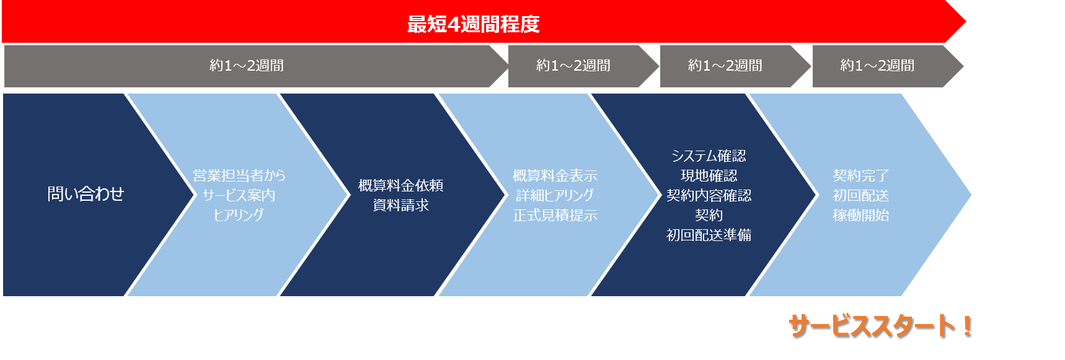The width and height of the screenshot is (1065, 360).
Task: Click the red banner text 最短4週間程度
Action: click(x=473, y=24)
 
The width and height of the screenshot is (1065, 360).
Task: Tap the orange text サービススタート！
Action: click(x=881, y=326)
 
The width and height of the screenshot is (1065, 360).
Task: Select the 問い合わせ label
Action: click(x=86, y=194)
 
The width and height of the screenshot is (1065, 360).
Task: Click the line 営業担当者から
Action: click(x=239, y=175)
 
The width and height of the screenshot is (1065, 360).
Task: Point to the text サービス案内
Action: click(x=239, y=195)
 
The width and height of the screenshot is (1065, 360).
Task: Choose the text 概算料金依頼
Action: click(x=400, y=185)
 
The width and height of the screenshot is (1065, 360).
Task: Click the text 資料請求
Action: click(x=400, y=205)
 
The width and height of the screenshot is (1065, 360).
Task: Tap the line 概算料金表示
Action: click(x=555, y=175)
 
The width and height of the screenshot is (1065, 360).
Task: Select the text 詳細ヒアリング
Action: click(x=555, y=195)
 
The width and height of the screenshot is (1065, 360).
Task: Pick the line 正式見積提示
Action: click(x=555, y=215)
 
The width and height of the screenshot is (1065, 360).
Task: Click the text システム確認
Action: click(x=709, y=156)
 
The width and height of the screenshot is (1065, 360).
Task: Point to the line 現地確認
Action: click(x=709, y=175)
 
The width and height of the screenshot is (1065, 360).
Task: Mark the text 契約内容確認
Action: click(x=709, y=195)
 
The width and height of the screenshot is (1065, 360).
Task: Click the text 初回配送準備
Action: click(x=709, y=235)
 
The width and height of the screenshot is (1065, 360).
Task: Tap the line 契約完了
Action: click(x=860, y=175)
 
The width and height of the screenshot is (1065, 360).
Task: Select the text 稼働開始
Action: click(x=860, y=215)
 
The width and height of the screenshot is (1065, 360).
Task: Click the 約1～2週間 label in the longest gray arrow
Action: click(x=247, y=65)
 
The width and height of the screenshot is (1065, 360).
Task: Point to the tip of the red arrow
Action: click(x=966, y=22)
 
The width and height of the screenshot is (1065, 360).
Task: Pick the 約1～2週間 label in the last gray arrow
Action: click(x=877, y=65)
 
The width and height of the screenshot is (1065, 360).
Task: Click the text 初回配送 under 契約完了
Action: click(x=860, y=195)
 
